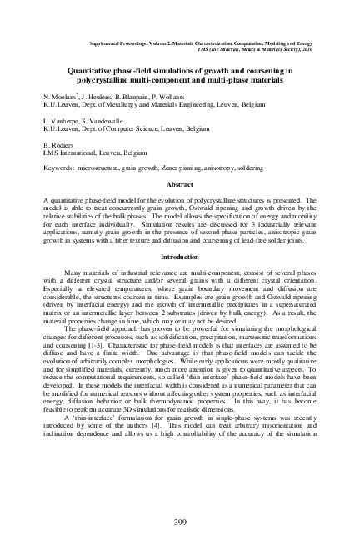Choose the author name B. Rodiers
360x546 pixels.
(x=60, y=143)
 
